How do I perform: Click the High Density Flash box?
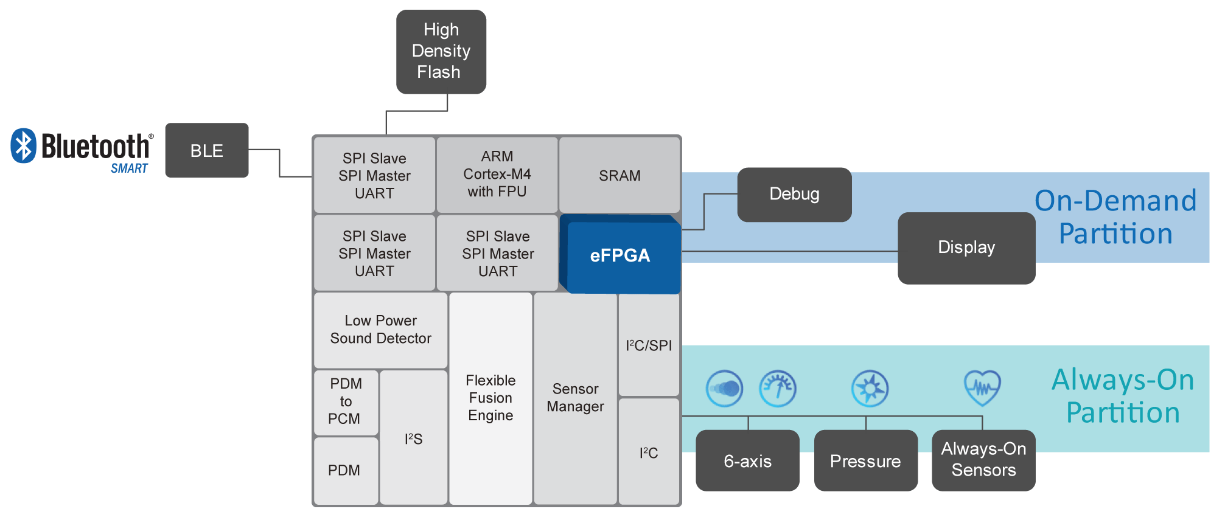[x=441, y=52]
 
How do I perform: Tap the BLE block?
[x=207, y=150]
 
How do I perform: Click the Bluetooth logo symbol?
[x=24, y=145]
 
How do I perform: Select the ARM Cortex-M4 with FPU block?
[x=497, y=175]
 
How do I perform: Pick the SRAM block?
[x=619, y=175]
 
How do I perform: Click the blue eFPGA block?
[x=619, y=255]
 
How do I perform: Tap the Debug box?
[x=794, y=194]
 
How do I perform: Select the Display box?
[x=966, y=248]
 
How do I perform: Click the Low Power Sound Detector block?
[x=380, y=330]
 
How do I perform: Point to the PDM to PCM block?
[x=345, y=401]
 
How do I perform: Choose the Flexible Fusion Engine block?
[x=490, y=398]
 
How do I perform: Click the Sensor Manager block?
[x=575, y=398]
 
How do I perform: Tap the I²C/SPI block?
[x=649, y=345]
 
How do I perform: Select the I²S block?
[x=413, y=439]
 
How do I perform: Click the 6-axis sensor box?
[x=747, y=461]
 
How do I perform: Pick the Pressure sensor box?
[x=865, y=461]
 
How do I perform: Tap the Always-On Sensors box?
[x=983, y=460]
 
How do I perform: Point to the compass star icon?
[x=870, y=388]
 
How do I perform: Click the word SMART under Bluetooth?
[x=129, y=168]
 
